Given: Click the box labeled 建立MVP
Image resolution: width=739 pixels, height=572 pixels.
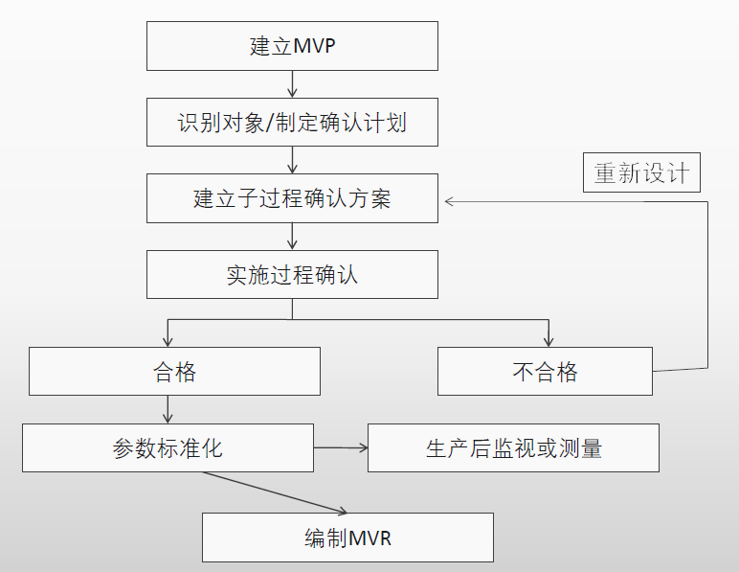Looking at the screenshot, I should click(292, 46).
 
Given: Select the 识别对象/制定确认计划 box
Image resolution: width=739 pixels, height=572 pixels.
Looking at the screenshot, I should click(292, 123).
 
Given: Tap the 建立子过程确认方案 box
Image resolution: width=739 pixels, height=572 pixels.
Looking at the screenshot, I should click(292, 198).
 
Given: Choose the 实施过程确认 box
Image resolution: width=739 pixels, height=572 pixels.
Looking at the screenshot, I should click(292, 275).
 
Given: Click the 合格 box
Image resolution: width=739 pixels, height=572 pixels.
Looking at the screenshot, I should click(174, 372).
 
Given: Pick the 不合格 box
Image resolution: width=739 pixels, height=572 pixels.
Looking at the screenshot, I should click(545, 372).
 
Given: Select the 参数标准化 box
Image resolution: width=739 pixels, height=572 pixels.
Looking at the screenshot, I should click(168, 447).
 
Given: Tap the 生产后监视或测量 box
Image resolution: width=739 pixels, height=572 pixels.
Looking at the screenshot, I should click(513, 447).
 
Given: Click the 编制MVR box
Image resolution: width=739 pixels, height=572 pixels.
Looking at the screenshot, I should click(347, 538).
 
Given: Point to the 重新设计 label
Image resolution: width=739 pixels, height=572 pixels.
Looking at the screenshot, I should click(641, 174).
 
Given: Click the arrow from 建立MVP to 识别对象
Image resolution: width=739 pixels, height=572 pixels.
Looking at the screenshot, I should click(292, 84).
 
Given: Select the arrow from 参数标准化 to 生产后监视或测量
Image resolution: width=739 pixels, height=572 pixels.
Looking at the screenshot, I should click(341, 447).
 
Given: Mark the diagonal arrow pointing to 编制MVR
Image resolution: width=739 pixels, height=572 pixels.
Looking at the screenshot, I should click(287, 494).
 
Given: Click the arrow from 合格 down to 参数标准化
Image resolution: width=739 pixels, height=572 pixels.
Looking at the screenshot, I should click(168, 409).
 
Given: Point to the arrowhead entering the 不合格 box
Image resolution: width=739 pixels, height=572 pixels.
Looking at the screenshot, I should click(549, 340).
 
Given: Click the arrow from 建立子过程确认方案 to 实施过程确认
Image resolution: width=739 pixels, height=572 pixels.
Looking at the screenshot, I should click(292, 237).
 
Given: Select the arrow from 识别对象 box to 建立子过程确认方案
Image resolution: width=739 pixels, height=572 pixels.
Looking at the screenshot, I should click(292, 160).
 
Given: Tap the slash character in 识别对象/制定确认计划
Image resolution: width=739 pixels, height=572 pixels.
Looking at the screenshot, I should click(272, 123).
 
